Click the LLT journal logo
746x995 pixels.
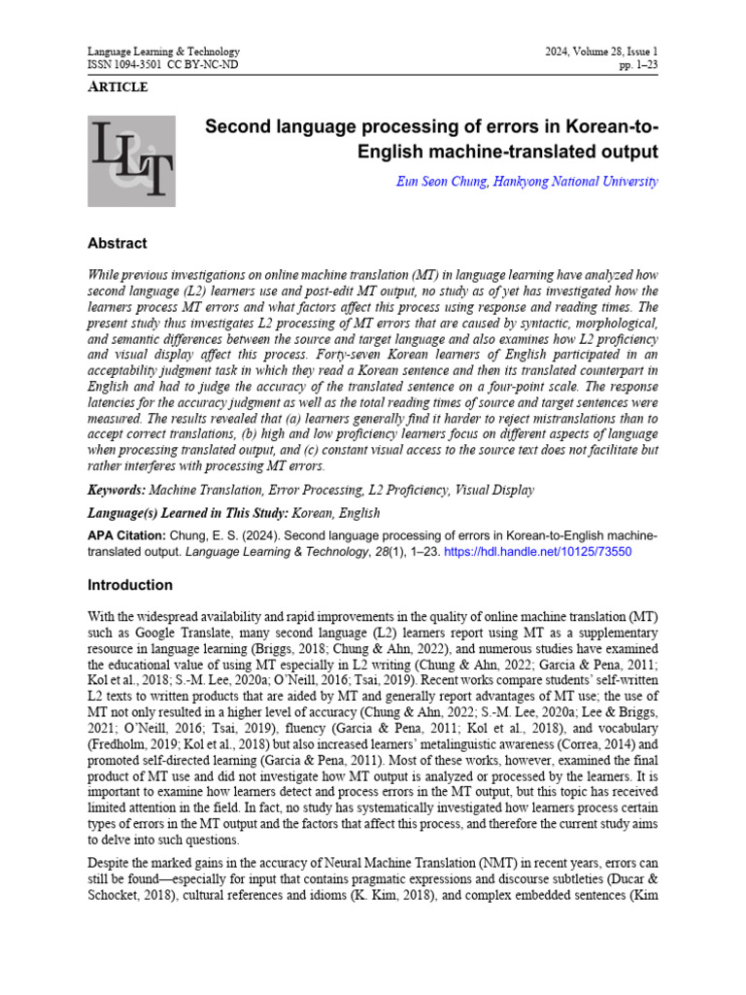click(132, 161)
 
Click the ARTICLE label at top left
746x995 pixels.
click(118, 87)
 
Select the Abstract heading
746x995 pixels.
click(117, 244)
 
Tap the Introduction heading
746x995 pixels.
click(130, 585)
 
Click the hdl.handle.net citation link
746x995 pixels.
click(549, 551)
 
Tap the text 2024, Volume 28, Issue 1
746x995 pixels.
click(602, 51)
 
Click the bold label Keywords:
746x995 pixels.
click(117, 492)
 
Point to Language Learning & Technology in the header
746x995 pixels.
click(163, 51)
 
